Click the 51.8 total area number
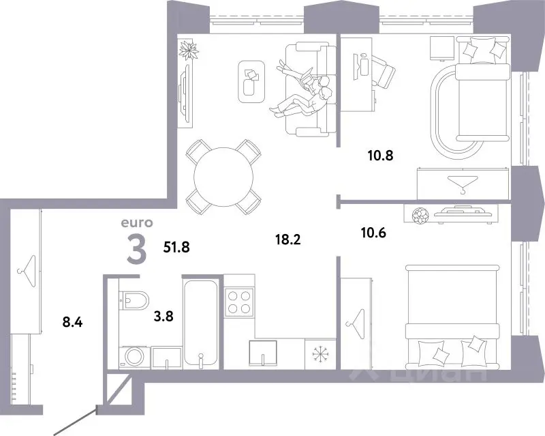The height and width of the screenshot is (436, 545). pyautogui.click(x=176, y=247)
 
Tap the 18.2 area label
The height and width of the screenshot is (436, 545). pyautogui.click(x=287, y=239)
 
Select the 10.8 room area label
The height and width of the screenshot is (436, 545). pyautogui.click(x=381, y=156)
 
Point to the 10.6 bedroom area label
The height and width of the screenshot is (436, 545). pyautogui.click(x=373, y=232)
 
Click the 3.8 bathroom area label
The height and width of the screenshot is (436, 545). pyautogui.click(x=163, y=316)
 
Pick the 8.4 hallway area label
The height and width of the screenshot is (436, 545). pyautogui.click(x=72, y=322)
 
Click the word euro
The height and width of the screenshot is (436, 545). pyautogui.click(x=137, y=222)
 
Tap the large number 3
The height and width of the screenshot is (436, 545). pyautogui.click(x=137, y=248)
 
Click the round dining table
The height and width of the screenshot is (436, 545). pyautogui.click(x=223, y=177)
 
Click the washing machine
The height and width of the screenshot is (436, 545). pyautogui.click(x=135, y=357)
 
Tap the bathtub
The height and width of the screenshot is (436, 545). pyautogui.click(x=200, y=323)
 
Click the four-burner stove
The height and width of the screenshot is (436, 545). pyautogui.click(x=239, y=302)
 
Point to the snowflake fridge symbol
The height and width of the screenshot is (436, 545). pyautogui.click(x=320, y=354)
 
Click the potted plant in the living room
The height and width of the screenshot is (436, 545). pyautogui.click(x=189, y=50)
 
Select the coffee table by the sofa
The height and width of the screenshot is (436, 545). pyautogui.click(x=251, y=82)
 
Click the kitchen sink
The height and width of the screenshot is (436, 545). pyautogui.click(x=263, y=353)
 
